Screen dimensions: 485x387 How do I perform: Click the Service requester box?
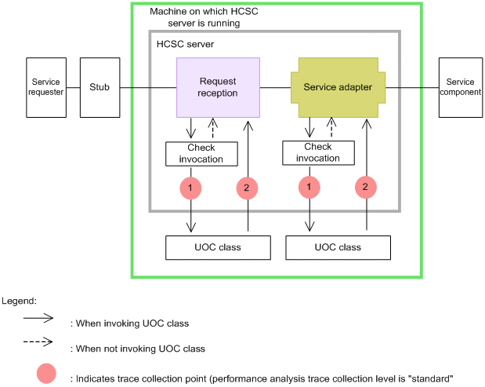tap(46, 87)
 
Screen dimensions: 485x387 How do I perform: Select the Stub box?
tap(100, 87)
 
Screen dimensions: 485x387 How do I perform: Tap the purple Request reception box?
tap(218, 87)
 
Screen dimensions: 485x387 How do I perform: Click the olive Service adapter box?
tap(338, 87)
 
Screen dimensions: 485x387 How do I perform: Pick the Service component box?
tap(461, 87)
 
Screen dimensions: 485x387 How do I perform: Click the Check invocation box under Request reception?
tap(201, 154)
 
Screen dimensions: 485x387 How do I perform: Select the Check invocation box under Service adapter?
tap(318, 153)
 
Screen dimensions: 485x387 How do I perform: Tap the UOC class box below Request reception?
tap(218, 247)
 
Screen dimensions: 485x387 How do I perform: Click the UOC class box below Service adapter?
tap(338, 247)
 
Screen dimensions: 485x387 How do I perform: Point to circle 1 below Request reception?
tap(190, 188)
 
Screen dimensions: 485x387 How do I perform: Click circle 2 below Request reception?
tap(247, 188)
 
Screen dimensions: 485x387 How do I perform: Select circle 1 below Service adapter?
tap(309, 187)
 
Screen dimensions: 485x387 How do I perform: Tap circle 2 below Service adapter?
tap(366, 187)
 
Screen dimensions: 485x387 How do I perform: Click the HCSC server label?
tap(185, 44)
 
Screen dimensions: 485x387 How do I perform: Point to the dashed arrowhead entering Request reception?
tap(212, 122)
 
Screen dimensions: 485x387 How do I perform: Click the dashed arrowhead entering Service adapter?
tap(331, 122)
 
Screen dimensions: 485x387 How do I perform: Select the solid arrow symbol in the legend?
tap(38, 318)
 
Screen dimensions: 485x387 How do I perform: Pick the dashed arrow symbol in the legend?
tap(38, 341)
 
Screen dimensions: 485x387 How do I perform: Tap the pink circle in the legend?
tap(46, 374)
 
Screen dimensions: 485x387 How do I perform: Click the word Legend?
tap(19, 301)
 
